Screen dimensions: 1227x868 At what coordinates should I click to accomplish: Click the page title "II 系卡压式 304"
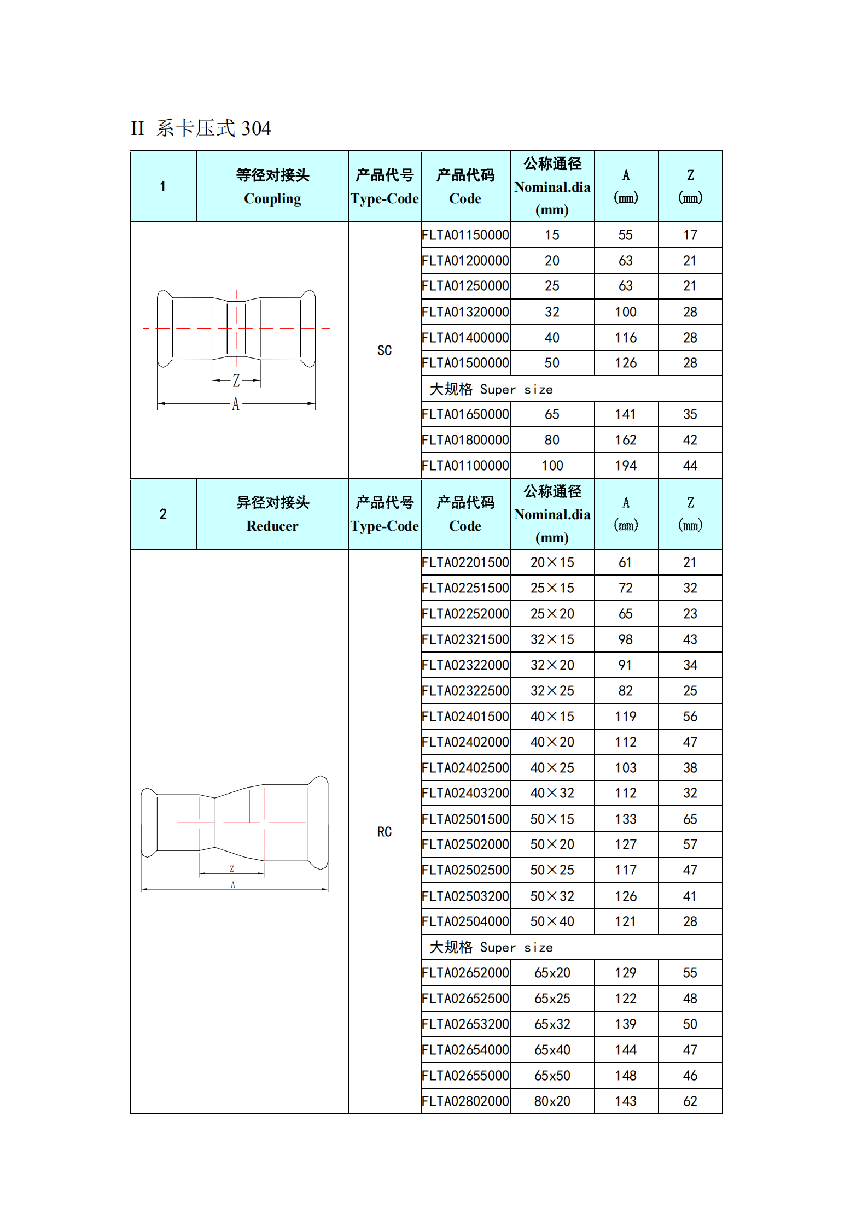click(201, 128)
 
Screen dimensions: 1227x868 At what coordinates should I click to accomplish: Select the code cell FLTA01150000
click(465, 235)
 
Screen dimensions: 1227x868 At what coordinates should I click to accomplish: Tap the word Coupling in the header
click(272, 199)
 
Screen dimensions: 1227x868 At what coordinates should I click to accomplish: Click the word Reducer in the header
click(272, 526)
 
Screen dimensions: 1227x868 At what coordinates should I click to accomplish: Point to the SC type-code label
click(385, 350)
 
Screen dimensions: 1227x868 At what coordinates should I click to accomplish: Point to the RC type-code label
click(385, 832)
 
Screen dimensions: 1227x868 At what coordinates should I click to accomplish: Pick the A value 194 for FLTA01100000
click(626, 466)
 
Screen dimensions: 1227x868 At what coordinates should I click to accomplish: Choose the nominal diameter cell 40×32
click(552, 793)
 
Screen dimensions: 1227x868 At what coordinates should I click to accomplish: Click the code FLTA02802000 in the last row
click(465, 1101)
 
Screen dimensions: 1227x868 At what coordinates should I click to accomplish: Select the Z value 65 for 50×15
click(690, 819)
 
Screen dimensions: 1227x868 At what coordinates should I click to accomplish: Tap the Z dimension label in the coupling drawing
click(236, 380)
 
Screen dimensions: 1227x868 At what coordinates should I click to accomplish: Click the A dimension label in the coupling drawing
click(236, 404)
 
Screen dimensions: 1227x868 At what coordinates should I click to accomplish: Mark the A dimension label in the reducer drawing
click(233, 885)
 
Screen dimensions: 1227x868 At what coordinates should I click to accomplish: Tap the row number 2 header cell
click(163, 514)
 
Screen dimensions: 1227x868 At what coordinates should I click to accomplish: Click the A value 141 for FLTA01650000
click(626, 414)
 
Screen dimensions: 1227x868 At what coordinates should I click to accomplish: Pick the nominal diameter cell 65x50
click(552, 1076)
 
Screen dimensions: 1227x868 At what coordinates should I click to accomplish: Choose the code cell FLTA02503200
click(465, 896)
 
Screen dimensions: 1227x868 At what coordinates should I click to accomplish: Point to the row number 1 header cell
click(163, 186)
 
